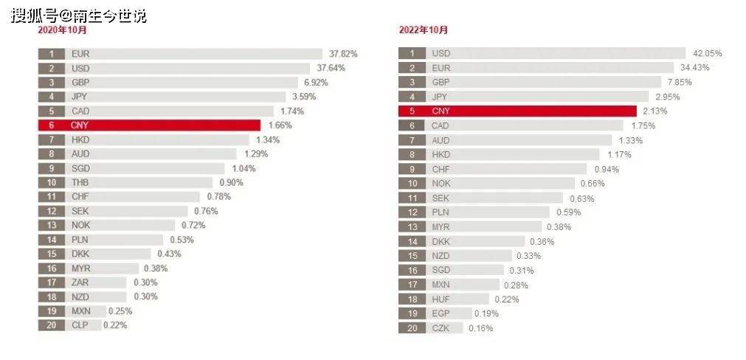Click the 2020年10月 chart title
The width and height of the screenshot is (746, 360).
pyautogui.click(x=62, y=30)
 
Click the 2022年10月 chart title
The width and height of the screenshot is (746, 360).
pyautogui.click(x=423, y=30)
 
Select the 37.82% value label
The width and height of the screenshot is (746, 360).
pyautogui.click(x=343, y=54)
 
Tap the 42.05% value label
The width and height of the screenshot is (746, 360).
pyautogui.click(x=707, y=54)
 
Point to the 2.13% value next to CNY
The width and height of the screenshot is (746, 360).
pyautogui.click(x=655, y=111)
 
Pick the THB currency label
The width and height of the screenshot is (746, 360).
pyautogui.click(x=80, y=182)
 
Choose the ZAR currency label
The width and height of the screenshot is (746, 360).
pyautogui.click(x=80, y=282)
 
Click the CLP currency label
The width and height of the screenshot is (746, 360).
pyautogui.click(x=80, y=325)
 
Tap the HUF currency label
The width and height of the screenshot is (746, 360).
pyautogui.click(x=441, y=300)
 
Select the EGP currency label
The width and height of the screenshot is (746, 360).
pyautogui.click(x=441, y=314)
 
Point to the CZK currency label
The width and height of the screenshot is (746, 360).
pyautogui.click(x=441, y=328)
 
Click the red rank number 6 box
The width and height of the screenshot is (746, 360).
pyautogui.click(x=52, y=125)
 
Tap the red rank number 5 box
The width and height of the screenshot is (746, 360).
pyautogui.click(x=412, y=111)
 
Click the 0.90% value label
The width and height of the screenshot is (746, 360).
pyautogui.click(x=231, y=182)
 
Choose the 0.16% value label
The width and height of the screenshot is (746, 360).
pyautogui.click(x=481, y=328)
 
